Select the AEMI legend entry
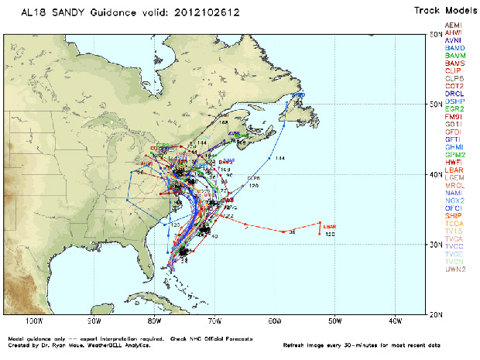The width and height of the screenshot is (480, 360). pyautogui.click(x=454, y=26)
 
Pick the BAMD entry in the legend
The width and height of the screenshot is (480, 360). pyautogui.click(x=454, y=48)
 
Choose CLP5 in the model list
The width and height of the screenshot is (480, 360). pyautogui.click(x=454, y=78)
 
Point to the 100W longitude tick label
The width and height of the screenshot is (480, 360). pyautogui.click(x=34, y=321)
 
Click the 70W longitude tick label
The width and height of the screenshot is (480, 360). pyautogui.click(x=214, y=321)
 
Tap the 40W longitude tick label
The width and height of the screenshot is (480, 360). pyautogui.click(x=395, y=321)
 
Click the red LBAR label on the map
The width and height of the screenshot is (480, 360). pyautogui.click(x=329, y=227)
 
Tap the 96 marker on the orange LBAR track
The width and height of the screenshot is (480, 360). pyautogui.click(x=292, y=231)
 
